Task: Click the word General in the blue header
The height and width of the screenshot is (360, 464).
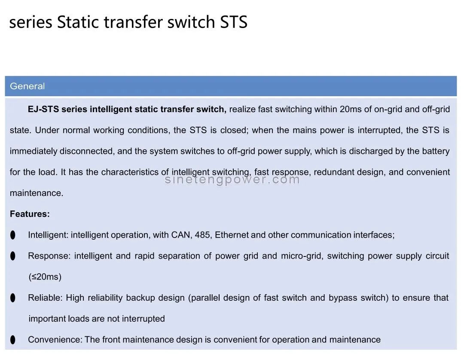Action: click(27, 86)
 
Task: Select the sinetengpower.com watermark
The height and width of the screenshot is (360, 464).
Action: click(232, 180)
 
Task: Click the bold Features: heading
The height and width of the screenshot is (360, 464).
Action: click(30, 214)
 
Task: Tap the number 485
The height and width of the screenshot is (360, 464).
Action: click(202, 235)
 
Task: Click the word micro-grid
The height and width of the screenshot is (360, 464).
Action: click(301, 256)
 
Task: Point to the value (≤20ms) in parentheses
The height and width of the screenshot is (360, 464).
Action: click(45, 277)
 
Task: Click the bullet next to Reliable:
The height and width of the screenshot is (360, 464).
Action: click(12, 298)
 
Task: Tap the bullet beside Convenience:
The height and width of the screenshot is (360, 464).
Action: click(12, 340)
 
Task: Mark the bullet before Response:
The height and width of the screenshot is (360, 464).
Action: click(12, 256)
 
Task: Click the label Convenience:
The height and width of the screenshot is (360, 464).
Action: click(55, 340)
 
